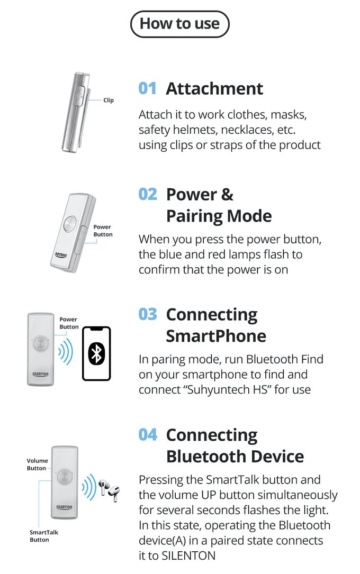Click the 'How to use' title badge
pyautogui.click(x=180, y=24)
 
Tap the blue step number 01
pyautogui.click(x=148, y=88)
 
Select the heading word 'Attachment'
pyautogui.click(x=214, y=88)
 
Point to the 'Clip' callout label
pyautogui.click(x=109, y=101)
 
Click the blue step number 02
pyautogui.click(x=148, y=194)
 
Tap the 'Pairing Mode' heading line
pyautogui.click(x=219, y=216)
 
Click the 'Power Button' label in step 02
pyautogui.click(x=103, y=231)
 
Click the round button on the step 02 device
pyautogui.click(x=69, y=224)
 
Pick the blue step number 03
pyautogui.click(x=148, y=314)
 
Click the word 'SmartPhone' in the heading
pyautogui.click(x=216, y=336)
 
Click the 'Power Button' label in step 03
pyautogui.click(x=69, y=323)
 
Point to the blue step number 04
pyautogui.click(x=148, y=435)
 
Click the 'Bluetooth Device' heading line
pyautogui.click(x=235, y=457)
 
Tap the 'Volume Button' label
pyautogui.click(x=37, y=464)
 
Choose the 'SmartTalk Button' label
pyautogui.click(x=43, y=536)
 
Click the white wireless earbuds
pyautogui.click(x=109, y=490)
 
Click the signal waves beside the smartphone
pyautogui.click(x=66, y=351)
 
